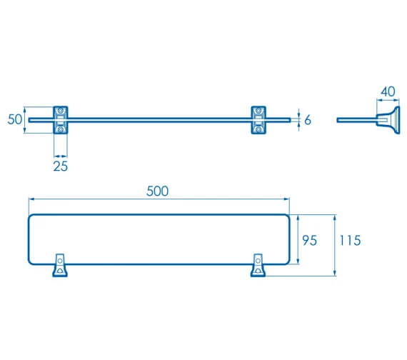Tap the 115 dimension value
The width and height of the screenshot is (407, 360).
coord(350,241)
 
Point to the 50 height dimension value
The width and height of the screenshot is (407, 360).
coord(15,120)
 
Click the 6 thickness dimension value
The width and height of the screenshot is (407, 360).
coord(308,120)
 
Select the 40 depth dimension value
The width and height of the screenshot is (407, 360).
coord(388,91)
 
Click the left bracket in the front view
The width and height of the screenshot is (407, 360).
coord(62,120)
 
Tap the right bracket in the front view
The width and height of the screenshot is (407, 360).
coord(259,120)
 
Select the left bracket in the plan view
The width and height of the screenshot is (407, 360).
coord(60,266)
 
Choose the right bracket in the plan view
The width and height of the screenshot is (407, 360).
coord(257,266)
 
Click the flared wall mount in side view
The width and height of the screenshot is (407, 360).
coord(388,119)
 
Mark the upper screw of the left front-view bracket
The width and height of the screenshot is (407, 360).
coord(62,111)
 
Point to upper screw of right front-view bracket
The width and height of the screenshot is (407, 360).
coord(259,111)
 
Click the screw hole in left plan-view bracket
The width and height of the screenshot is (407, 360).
coord(59,271)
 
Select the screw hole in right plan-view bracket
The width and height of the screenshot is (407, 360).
coord(257,271)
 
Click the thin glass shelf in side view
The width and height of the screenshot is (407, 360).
coord(356,120)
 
